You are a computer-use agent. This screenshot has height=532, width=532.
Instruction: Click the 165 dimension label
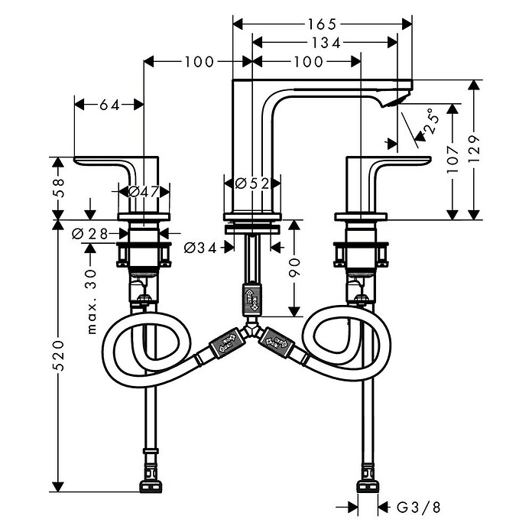click(x=322, y=24)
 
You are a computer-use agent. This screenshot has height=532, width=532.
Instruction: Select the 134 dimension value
click(x=326, y=43)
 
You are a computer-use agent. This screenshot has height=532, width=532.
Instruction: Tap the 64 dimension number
click(x=109, y=105)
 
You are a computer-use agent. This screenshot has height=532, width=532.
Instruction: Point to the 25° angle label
click(x=431, y=121)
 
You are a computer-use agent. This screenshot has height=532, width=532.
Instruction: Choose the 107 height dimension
click(x=453, y=160)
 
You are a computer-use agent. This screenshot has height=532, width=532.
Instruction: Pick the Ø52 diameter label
click(x=252, y=183)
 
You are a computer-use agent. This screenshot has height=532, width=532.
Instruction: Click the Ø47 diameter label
click(x=144, y=192)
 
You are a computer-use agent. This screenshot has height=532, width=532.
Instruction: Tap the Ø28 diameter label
click(x=90, y=233)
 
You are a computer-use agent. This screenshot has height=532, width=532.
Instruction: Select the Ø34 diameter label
click(x=200, y=248)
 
